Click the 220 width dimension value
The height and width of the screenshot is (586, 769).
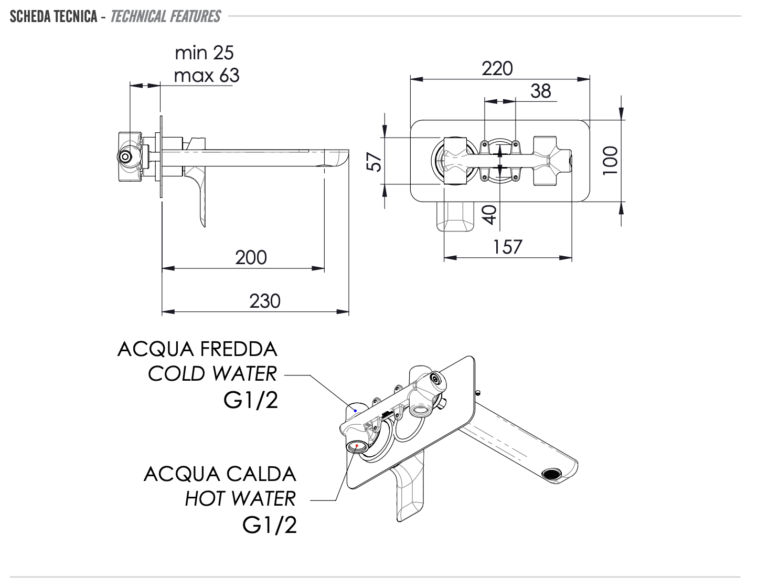click(x=497, y=69)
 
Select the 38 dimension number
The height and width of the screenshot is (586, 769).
click(x=541, y=91)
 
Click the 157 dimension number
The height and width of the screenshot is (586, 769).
click(x=507, y=246)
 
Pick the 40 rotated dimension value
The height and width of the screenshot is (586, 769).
click(x=489, y=214)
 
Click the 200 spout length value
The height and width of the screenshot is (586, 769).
click(x=251, y=257)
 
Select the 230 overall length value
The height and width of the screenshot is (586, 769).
click(x=265, y=301)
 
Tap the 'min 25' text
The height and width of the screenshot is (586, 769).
click(x=204, y=53)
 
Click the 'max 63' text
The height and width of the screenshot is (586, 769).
click(x=206, y=76)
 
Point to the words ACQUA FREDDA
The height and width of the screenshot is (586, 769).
click(x=197, y=349)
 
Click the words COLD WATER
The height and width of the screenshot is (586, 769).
click(x=212, y=374)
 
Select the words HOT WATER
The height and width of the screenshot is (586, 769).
click(x=240, y=498)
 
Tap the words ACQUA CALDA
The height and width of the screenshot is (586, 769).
click(x=220, y=474)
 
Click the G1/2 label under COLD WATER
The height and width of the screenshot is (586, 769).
click(x=251, y=401)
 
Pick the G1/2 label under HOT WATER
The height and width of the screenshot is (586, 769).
click(x=270, y=525)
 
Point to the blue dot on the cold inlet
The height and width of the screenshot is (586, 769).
click(x=355, y=411)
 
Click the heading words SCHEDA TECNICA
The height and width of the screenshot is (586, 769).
click(x=54, y=17)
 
